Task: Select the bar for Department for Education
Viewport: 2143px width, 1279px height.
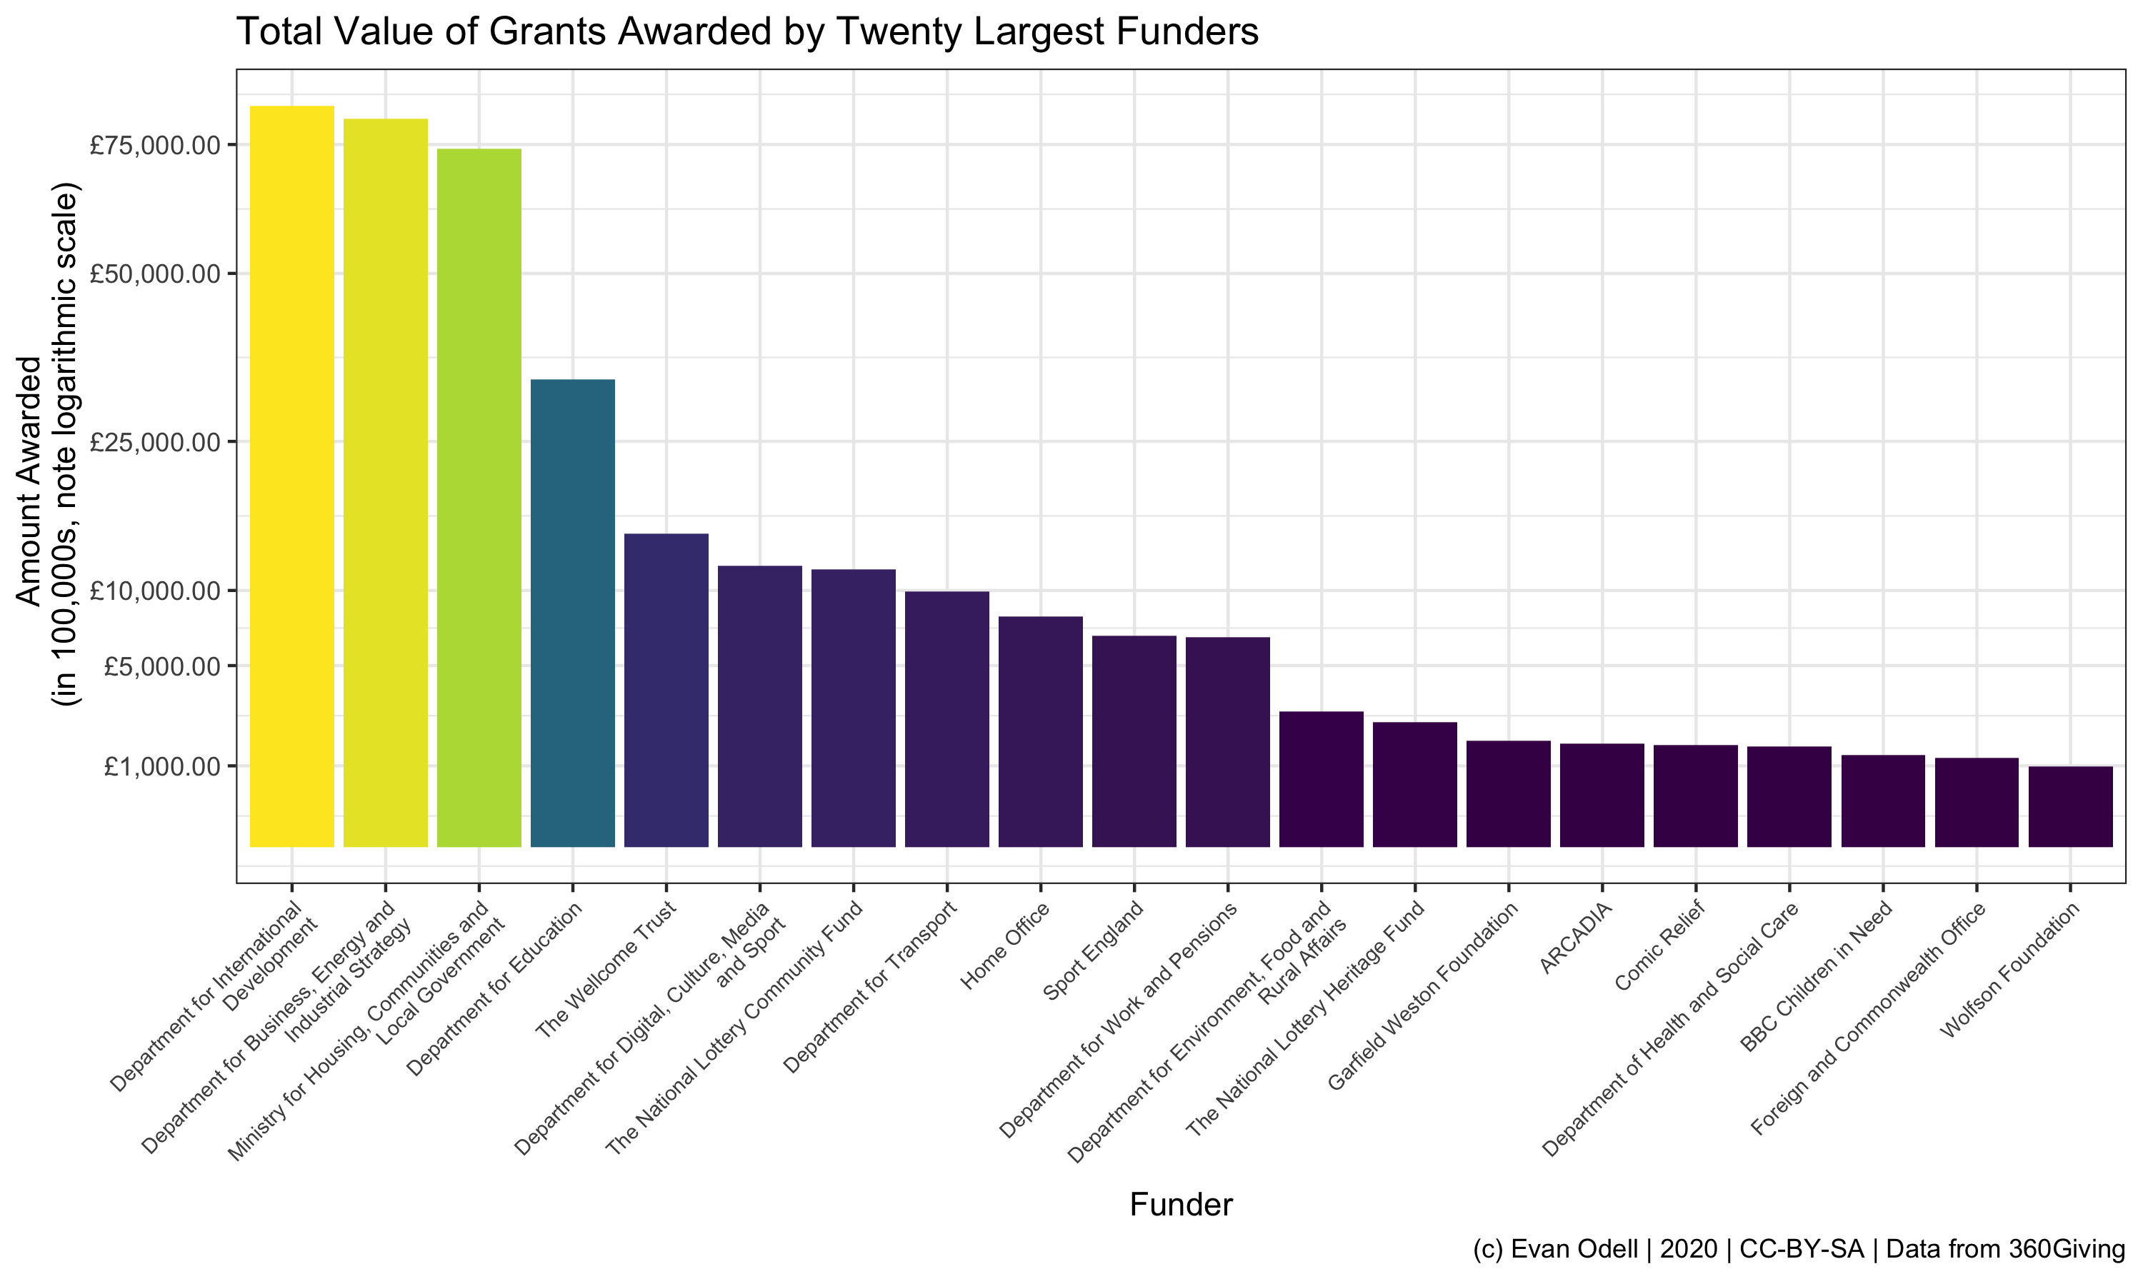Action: pos(572,613)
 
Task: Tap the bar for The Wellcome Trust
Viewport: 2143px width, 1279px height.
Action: pos(666,689)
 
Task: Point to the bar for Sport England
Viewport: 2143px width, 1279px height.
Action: pos(1134,741)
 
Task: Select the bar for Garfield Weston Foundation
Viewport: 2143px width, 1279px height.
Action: pos(1508,793)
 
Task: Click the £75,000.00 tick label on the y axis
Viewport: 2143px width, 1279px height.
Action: pos(155,145)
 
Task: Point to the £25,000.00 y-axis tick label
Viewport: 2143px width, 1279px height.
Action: pos(155,442)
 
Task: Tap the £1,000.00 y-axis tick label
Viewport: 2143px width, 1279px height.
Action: pos(162,766)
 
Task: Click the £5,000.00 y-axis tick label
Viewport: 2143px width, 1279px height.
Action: pos(162,666)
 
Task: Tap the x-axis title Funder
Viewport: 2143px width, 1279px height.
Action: pos(1180,1205)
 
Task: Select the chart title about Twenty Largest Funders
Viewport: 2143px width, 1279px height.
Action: pos(746,32)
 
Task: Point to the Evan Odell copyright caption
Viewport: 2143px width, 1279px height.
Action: pos(1798,1250)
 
